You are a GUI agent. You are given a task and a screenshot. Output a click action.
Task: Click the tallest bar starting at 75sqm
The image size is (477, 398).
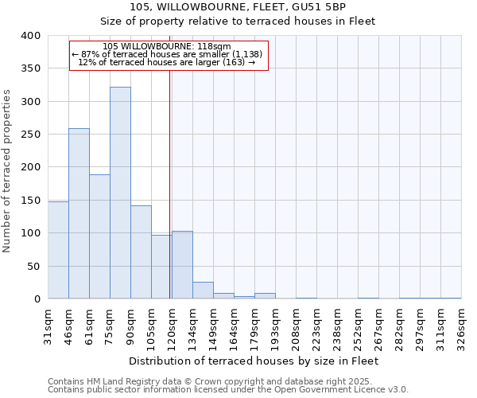point(120,193)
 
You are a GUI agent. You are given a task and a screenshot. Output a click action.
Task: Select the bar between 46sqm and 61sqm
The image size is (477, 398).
point(79,213)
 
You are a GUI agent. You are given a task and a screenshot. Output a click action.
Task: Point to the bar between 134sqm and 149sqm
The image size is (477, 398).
point(203,291)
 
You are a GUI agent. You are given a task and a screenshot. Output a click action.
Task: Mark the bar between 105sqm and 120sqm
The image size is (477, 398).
point(161,267)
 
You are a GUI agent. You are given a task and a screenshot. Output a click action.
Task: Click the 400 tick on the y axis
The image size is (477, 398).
point(30,36)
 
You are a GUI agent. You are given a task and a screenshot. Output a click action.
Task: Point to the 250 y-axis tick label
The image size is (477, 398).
point(30,135)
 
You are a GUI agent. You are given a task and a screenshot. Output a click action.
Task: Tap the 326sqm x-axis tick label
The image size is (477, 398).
point(461,326)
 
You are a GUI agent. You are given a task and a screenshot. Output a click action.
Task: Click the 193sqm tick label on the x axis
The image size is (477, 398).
point(275,326)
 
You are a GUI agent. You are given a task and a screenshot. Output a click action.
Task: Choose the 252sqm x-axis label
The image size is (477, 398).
point(358,326)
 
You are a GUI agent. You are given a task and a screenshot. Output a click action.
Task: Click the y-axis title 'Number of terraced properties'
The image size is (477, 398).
point(7,170)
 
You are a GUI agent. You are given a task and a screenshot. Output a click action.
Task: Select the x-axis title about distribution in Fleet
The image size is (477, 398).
point(253,361)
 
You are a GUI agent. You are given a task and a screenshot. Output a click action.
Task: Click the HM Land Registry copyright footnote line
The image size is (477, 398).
point(227,381)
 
